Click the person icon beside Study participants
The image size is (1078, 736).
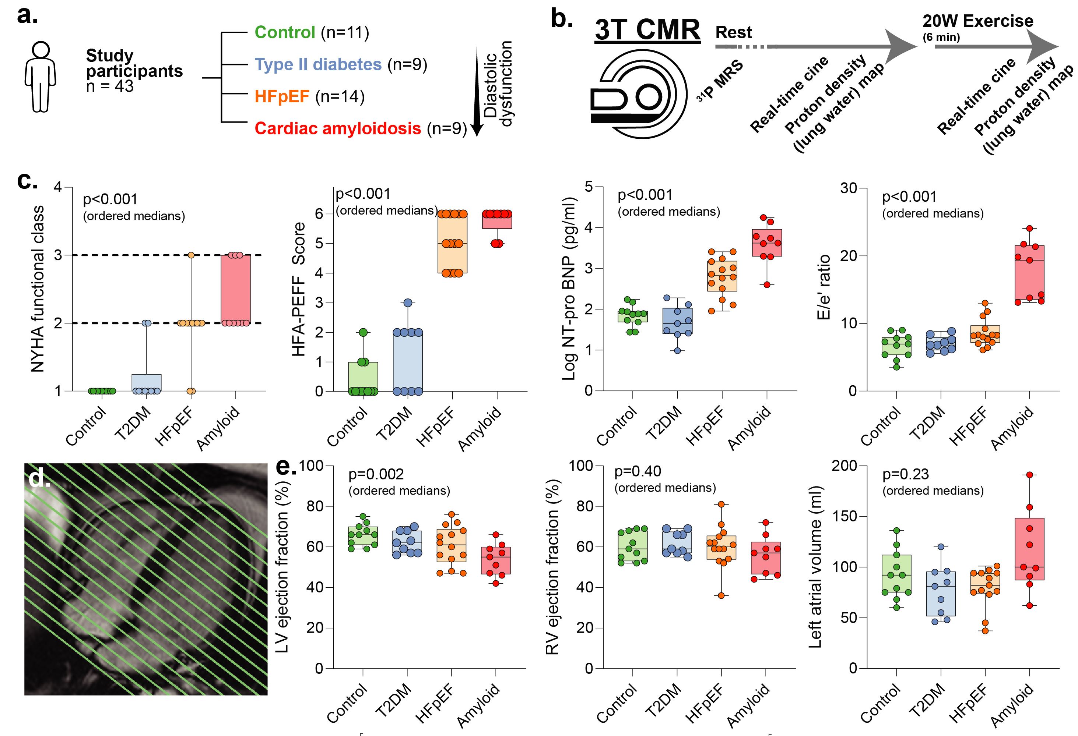click(x=41, y=77)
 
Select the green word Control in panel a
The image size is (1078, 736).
click(x=285, y=32)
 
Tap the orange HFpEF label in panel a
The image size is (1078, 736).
click(x=281, y=96)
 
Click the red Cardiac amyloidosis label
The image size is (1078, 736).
click(x=337, y=128)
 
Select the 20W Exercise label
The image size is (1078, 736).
click(x=977, y=21)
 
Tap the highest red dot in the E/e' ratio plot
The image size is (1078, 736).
click(x=1029, y=229)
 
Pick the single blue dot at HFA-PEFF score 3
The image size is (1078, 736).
click(x=408, y=302)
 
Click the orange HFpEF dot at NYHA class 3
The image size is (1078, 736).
click(x=191, y=255)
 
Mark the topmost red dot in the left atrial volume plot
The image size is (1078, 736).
click(x=1029, y=475)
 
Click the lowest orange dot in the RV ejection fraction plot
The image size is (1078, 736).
click(x=721, y=595)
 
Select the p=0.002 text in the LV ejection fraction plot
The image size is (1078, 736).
click(x=376, y=474)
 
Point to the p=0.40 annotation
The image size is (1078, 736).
click(x=638, y=471)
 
